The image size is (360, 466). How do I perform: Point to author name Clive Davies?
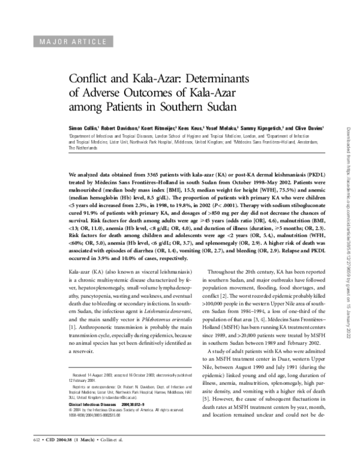[x=308, y=128]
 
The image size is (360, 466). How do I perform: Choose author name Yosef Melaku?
[x=222, y=128]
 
